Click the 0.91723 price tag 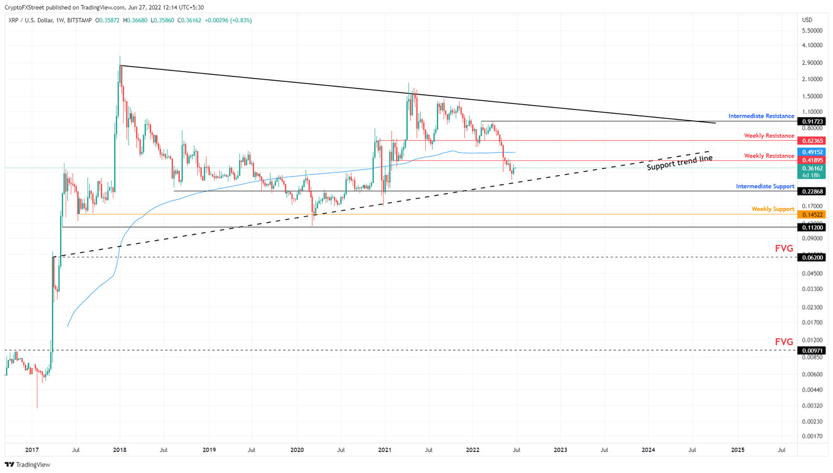pos(811,121)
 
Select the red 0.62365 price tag pos(811,141)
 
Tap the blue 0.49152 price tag pos(811,152)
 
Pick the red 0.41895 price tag pos(811,160)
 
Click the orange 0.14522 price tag pos(811,215)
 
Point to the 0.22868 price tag pos(811,191)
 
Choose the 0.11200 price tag pos(811,228)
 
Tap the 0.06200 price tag pos(811,257)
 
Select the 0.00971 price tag pos(811,351)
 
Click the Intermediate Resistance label pos(761,116)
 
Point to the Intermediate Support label pos(765,186)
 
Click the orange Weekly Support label pos(772,209)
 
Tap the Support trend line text pos(680,163)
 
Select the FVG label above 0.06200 pos(784,249)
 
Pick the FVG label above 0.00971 pos(784,342)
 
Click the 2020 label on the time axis pos(297,450)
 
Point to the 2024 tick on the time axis pos(648,450)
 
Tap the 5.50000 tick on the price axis pos(811,30)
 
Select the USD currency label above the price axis pos(807,20)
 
